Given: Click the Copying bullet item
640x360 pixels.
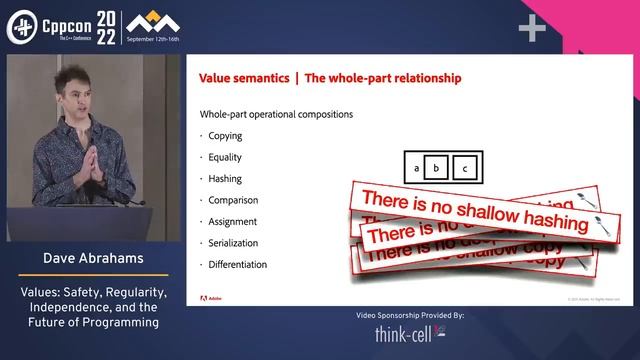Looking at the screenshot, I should click(225, 136).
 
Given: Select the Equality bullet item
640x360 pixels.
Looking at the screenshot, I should click(225, 157).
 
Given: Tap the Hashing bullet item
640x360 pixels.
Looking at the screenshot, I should click(225, 179).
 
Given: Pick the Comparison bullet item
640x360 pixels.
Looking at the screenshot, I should click(231, 200).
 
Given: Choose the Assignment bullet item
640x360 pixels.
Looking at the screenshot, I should click(231, 222).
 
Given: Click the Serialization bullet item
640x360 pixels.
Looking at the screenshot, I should click(234, 243).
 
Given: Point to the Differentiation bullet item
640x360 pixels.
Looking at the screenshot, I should click(238, 265).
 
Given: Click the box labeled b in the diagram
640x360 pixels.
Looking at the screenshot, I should click(435, 167).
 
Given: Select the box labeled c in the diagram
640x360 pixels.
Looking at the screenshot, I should click(464, 167).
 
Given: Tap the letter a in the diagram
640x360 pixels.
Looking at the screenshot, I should click(414, 167).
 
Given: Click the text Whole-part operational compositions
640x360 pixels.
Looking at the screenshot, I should click(276, 114).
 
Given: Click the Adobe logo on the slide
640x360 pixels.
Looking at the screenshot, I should click(215, 298).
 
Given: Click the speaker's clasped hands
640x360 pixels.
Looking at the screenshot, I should click(91, 155).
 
